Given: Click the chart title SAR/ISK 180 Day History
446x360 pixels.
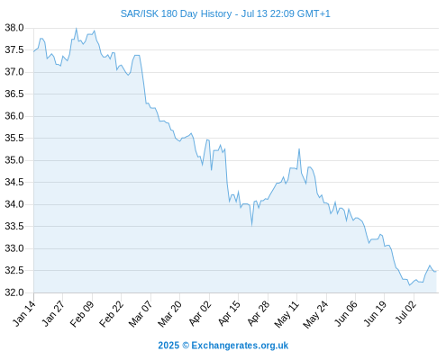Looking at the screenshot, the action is (176, 13).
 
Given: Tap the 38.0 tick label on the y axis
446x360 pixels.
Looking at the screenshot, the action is (14, 28).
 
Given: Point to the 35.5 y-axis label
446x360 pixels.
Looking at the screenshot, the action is (14, 138).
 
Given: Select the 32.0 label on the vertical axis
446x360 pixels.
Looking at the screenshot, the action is (14, 292).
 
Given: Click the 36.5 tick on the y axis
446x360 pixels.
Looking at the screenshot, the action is (14, 94).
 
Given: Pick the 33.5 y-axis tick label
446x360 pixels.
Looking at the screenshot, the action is (14, 226).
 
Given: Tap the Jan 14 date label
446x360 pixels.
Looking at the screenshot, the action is (24, 313).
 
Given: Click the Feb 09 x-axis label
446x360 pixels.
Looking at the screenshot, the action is (82, 313).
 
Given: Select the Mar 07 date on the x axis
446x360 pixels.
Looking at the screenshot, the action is (141, 313).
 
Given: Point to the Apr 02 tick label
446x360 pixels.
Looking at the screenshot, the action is (200, 313).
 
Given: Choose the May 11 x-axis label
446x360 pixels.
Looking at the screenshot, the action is (287, 314).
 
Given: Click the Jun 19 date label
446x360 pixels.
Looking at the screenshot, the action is (375, 313).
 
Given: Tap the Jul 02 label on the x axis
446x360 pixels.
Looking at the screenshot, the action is (406, 312).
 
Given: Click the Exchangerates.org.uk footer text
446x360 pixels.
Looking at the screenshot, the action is (240, 346).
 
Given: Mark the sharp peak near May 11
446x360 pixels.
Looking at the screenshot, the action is (299, 149).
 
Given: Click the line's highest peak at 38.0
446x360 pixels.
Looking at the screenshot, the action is (77, 29).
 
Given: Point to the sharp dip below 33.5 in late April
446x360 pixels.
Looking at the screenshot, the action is (251, 225).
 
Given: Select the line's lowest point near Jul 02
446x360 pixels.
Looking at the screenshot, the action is (409, 285).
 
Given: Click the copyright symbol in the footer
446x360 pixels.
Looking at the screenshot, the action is (186, 346).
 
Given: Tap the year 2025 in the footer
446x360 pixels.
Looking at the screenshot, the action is (168, 346).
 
